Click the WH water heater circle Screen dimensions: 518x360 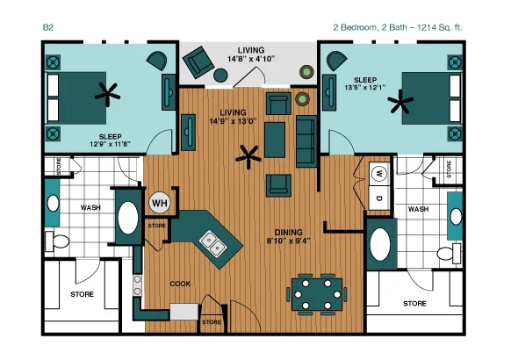[160, 203]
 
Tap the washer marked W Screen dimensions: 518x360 [379, 174]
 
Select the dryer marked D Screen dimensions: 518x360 [379, 198]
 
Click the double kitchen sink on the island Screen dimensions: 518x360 [212, 243]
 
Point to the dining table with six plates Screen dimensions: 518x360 [317, 294]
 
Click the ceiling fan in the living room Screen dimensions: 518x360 [248, 157]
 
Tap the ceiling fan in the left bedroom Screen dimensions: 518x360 [107, 95]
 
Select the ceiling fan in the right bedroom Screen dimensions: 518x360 [400, 102]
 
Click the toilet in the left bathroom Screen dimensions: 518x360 [57, 241]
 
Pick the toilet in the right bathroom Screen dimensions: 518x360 [449, 254]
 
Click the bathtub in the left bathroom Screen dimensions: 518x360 [128, 218]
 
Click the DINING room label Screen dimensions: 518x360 [288, 232]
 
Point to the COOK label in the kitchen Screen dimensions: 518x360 [180, 284]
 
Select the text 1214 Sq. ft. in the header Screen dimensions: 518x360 [439, 27]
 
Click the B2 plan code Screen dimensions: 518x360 [48, 27]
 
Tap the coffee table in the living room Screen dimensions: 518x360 [275, 140]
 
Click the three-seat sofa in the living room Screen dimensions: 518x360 [306, 141]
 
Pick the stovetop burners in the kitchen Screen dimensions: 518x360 [138, 285]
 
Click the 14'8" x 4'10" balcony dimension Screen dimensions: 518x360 [251, 59]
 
